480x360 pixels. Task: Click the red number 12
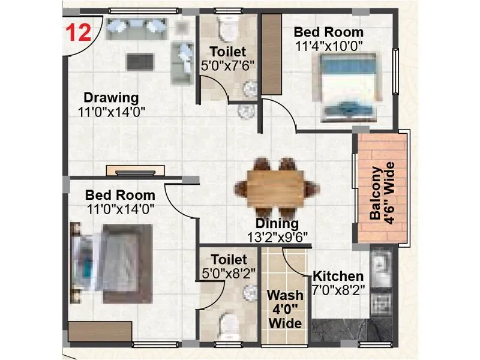pyautogui.click(x=77, y=31)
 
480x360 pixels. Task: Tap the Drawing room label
pyautogui.click(x=111, y=97)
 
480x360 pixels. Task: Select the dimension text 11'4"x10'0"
pyautogui.click(x=329, y=46)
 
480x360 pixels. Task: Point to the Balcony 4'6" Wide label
pyautogui.click(x=382, y=190)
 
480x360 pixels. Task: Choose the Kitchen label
pyautogui.click(x=338, y=276)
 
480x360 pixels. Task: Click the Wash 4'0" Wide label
pyautogui.click(x=285, y=310)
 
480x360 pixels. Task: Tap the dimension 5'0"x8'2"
pyautogui.click(x=229, y=273)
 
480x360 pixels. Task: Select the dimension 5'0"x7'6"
pyautogui.click(x=228, y=65)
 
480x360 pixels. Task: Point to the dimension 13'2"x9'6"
pyautogui.click(x=278, y=237)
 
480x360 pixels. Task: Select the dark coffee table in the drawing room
pyautogui.click(x=139, y=61)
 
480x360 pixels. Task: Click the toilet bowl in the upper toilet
pyautogui.click(x=228, y=27)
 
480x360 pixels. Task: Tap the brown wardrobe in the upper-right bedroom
pyautogui.click(x=272, y=54)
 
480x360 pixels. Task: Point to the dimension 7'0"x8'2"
pyautogui.click(x=338, y=289)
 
